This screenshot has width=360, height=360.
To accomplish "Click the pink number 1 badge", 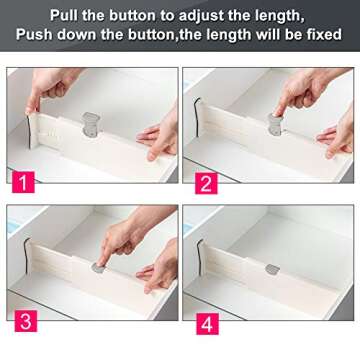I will point(20,183).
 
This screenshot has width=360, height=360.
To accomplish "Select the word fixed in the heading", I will point(321,35).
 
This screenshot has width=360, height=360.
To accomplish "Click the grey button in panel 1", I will point(91,122).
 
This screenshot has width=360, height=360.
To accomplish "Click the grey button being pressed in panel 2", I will point(274,122).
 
